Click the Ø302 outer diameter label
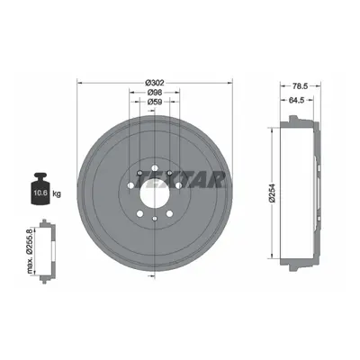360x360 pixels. click(x=155, y=83)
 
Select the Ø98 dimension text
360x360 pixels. click(x=155, y=93)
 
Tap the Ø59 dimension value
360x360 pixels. click(x=155, y=102)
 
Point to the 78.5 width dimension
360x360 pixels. click(x=300, y=86)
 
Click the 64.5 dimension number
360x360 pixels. click(x=296, y=101)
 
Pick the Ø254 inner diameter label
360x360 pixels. click(x=273, y=193)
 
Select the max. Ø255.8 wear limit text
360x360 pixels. click(x=30, y=251)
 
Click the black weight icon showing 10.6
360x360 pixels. click(x=40, y=189)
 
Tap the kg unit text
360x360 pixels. click(x=57, y=193)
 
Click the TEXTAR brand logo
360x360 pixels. click(x=180, y=179)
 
